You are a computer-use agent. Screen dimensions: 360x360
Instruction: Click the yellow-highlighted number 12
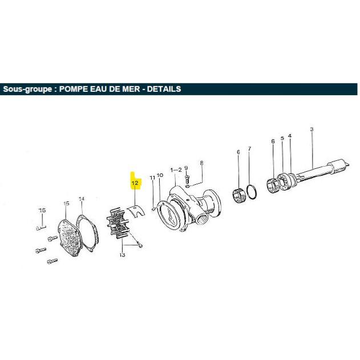point(135,183)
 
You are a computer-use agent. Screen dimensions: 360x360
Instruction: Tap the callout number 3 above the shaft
point(312,130)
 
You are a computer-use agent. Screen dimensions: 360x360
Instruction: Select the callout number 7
point(249,149)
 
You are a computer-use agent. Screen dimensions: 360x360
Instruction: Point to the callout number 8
point(201,163)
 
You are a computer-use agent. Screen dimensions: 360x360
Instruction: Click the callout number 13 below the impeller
point(122,255)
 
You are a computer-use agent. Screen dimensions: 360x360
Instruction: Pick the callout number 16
point(42,210)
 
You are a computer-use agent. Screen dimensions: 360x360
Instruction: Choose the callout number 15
point(66,204)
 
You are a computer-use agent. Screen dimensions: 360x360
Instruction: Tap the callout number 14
point(82,199)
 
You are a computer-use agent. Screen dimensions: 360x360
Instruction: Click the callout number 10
point(160,175)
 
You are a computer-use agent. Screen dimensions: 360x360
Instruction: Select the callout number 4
point(290,136)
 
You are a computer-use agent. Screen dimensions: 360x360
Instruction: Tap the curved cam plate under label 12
point(136,210)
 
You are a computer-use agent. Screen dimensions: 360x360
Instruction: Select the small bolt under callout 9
point(187,180)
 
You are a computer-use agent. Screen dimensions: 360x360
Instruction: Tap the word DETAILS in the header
point(164,89)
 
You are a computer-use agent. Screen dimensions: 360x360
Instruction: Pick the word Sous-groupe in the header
point(27,89)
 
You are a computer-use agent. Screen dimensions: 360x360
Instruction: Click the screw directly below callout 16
point(41,228)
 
